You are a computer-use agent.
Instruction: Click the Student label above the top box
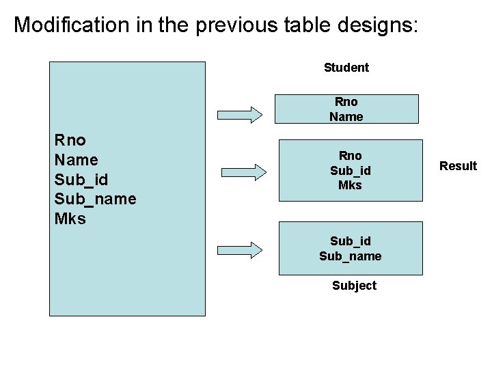tap(346, 68)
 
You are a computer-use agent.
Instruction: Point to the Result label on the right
tap(458, 166)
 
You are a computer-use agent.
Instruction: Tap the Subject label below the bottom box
tap(354, 286)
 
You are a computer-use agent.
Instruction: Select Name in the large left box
tap(76, 160)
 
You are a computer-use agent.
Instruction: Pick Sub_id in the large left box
tap(81, 180)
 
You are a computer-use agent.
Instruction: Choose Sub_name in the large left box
tap(95, 200)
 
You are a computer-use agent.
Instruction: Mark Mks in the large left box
tap(70, 219)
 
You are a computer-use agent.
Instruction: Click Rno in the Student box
tap(346, 102)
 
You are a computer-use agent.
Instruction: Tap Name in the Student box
tap(346, 117)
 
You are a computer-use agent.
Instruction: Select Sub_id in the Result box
tap(350, 170)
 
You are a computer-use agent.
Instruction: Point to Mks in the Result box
tap(350, 184)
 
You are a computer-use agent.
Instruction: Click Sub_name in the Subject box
tap(350, 256)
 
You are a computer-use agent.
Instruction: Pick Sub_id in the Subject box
tap(350, 241)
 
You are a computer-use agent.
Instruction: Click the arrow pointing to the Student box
tap(239, 113)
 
